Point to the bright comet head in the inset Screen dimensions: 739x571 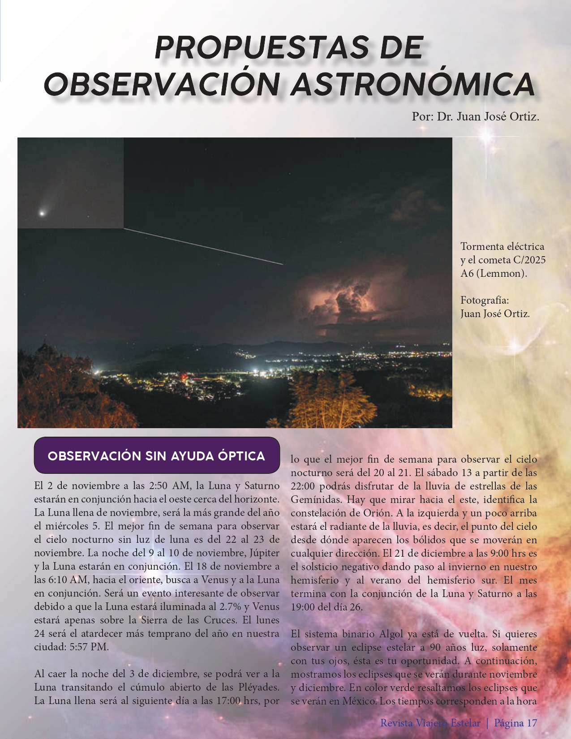point(42,214)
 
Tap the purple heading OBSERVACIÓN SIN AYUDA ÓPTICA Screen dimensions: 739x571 point(156,456)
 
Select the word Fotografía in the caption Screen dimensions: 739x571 point(485,300)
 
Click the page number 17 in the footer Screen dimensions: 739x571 point(532,723)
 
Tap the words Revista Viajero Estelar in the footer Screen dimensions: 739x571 point(430,723)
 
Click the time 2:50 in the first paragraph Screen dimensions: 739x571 point(158,486)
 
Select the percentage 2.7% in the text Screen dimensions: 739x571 point(231,607)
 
